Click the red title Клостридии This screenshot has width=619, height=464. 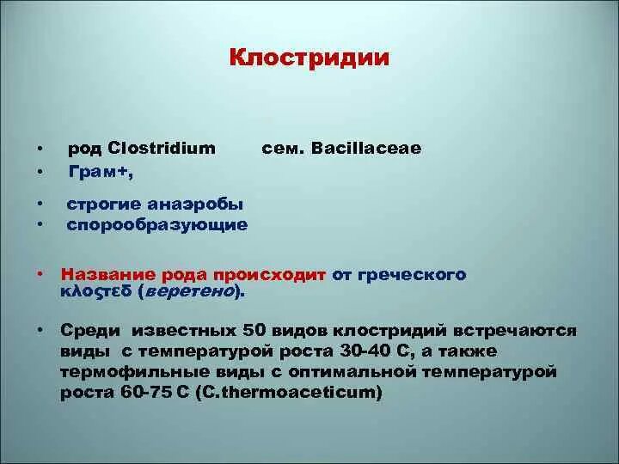(309, 58)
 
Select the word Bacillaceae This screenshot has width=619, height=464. (368, 148)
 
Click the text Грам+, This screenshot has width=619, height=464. (101, 171)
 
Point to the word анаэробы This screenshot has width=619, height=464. (201, 204)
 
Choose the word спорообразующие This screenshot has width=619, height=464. (157, 224)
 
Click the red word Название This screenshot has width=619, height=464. (106, 275)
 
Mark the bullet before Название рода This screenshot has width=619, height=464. (40, 275)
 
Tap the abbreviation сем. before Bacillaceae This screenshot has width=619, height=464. (279, 148)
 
